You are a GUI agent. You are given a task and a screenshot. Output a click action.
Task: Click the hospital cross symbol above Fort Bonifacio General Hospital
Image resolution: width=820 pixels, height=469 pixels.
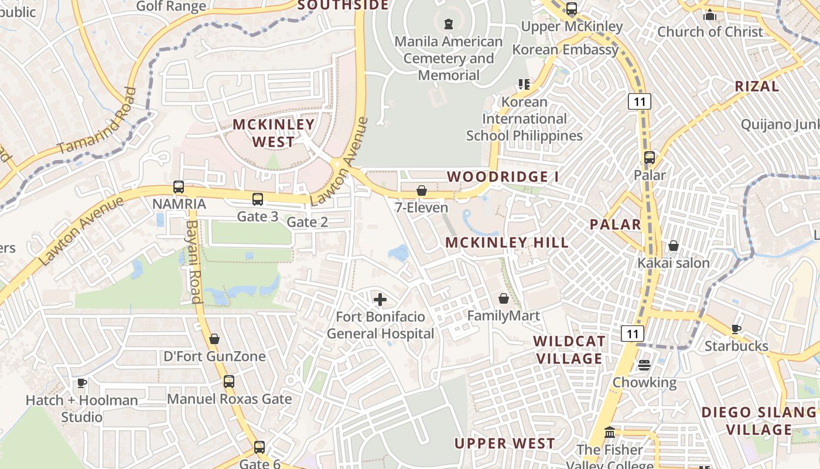[x=380, y=300]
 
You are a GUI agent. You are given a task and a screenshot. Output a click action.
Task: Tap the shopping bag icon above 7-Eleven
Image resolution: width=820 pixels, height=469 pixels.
[x=421, y=191]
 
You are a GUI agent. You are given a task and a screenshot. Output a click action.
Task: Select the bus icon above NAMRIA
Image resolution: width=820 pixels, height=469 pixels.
[x=179, y=187]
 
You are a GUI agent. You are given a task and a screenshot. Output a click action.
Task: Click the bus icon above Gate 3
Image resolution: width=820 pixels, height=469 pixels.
[x=258, y=199]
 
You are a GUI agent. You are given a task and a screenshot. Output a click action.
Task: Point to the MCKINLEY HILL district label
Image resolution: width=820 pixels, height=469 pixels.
[x=507, y=242]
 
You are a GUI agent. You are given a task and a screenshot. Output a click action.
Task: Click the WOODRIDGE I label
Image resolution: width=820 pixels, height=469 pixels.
[x=503, y=176]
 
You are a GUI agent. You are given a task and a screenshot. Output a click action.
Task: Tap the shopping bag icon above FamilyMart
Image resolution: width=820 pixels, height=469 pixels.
[x=503, y=299]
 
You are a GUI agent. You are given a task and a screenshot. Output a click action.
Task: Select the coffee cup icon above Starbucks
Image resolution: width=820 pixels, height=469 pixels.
[x=736, y=329]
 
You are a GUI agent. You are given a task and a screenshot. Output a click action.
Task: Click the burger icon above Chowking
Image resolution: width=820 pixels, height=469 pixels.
[x=644, y=365]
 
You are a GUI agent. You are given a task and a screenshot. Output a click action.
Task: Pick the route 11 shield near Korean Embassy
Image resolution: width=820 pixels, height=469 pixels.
[x=640, y=101]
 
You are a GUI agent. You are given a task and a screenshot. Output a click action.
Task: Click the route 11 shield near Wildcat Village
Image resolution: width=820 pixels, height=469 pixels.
[x=633, y=334]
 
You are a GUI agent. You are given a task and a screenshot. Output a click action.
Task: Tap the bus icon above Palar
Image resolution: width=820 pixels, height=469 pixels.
[x=649, y=158]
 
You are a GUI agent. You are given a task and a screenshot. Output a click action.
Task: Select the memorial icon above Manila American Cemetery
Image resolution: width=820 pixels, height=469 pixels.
[x=449, y=24]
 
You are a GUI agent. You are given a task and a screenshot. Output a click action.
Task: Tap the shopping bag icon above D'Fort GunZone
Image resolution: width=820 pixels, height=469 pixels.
[x=214, y=339]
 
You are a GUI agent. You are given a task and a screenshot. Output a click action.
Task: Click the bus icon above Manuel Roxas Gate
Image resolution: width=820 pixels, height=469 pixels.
[x=229, y=382]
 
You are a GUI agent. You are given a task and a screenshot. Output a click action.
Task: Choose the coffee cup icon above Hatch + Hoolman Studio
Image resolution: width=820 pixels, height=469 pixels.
[x=82, y=383]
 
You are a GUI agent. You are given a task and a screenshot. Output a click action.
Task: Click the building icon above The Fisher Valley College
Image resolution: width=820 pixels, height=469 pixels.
[x=609, y=433]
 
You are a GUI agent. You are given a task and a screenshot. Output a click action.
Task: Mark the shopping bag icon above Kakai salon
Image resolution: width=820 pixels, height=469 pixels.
[x=674, y=246]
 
